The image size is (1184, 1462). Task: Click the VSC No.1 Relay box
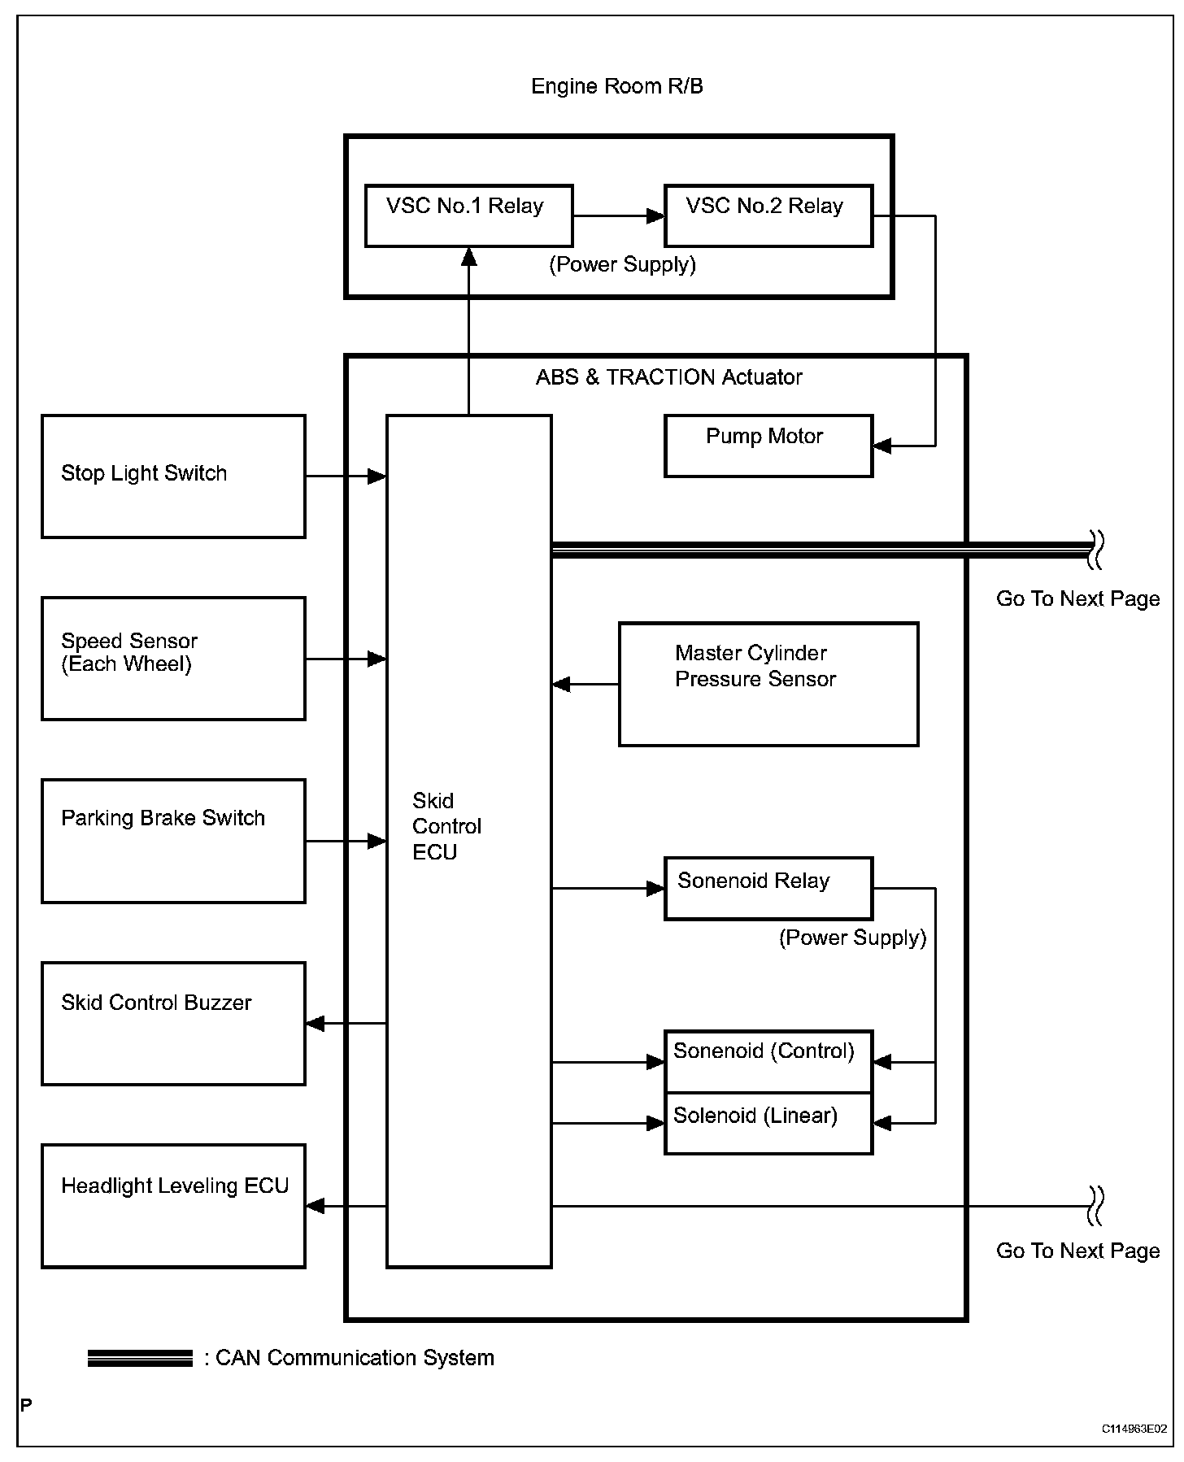pos(469,215)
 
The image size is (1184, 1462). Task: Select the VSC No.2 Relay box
pos(768,215)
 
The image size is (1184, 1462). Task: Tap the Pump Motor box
pos(768,446)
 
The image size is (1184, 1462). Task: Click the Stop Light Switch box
pos(173,476)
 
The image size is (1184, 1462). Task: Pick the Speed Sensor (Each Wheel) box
pos(173,659)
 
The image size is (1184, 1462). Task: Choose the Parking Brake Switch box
pos(173,841)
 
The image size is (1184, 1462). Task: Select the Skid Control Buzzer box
pos(173,1024)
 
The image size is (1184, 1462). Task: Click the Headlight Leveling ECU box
pos(173,1206)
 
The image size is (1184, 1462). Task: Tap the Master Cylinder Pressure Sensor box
pos(768,685)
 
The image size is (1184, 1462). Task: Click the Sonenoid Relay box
pos(768,888)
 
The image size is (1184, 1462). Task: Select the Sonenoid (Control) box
pos(768,1062)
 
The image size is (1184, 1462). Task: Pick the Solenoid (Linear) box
pos(768,1123)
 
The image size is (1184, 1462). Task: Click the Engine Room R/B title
pos(617,86)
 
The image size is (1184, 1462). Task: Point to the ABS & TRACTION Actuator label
pos(668,377)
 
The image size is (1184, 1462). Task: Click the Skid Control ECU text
pos(446,826)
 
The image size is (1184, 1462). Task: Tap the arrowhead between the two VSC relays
pos(655,216)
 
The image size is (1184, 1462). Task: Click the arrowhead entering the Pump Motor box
pos(882,446)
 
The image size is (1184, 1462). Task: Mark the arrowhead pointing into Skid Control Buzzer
pos(316,1024)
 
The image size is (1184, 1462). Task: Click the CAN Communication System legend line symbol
pos(140,1358)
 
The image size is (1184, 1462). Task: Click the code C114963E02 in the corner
pos(1134,1429)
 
